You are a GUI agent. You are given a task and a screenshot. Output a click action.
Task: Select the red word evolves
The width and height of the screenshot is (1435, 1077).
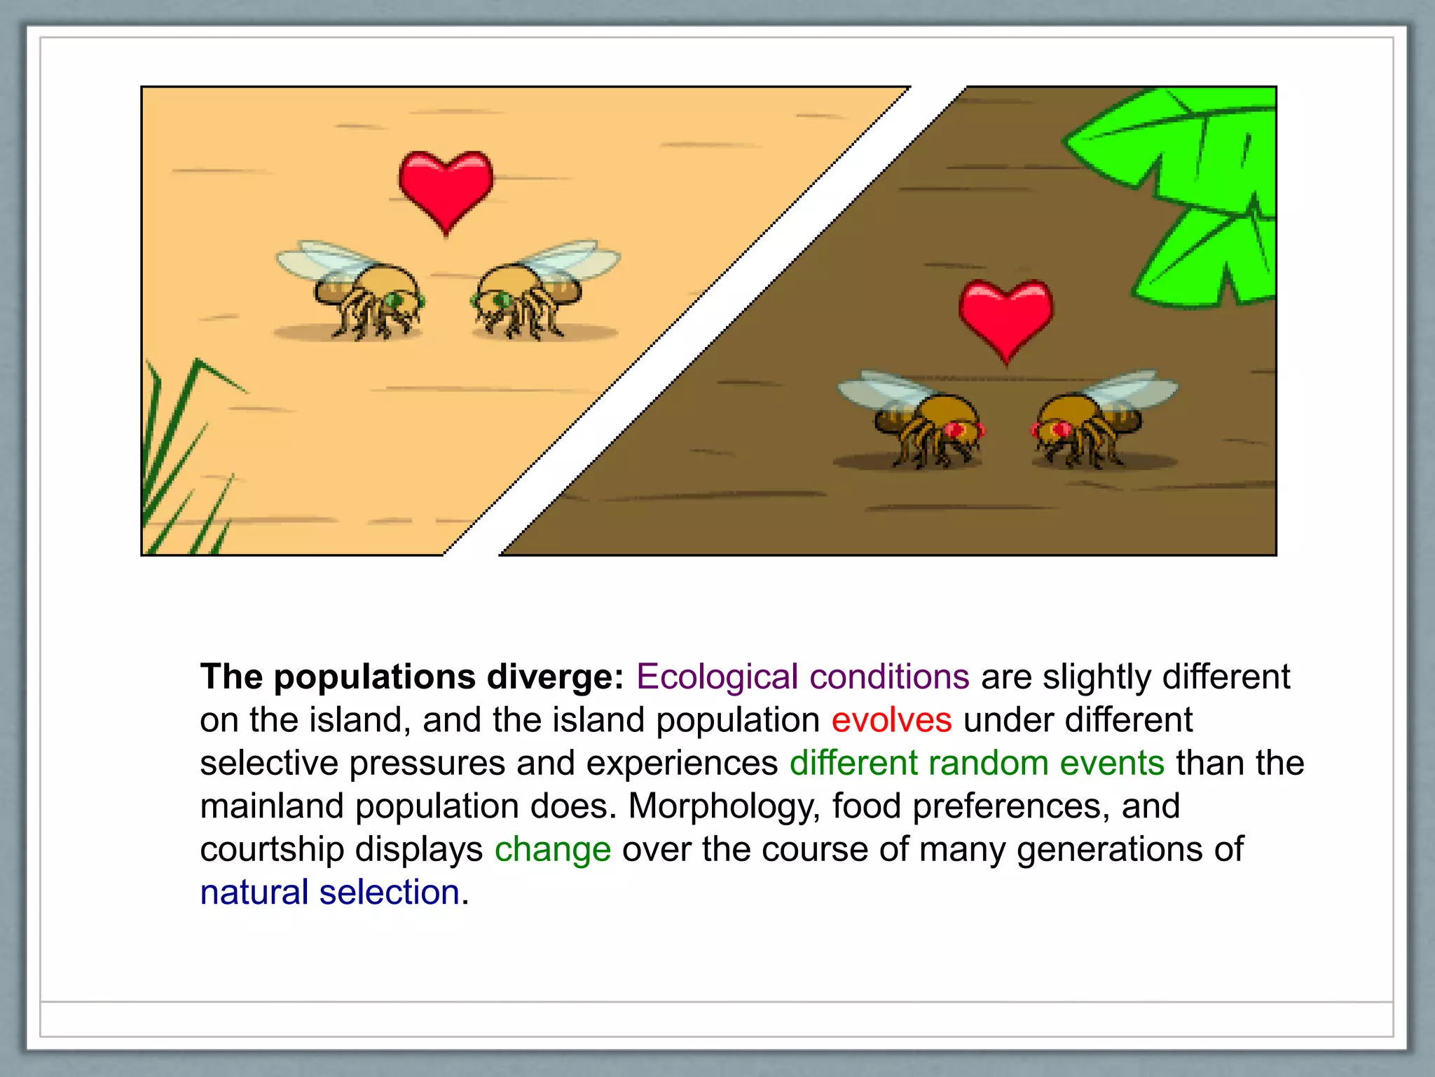click(x=891, y=720)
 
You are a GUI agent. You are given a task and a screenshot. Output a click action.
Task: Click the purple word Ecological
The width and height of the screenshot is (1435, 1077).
click(x=717, y=677)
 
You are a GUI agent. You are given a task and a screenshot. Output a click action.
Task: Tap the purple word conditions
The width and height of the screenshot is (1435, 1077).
click(x=889, y=677)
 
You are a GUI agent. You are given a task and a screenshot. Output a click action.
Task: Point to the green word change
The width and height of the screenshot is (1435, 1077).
click(x=553, y=850)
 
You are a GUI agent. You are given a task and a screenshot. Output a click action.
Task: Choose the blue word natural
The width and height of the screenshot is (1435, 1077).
click(x=254, y=893)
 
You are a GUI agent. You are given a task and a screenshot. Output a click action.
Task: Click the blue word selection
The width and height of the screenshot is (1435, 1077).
click(x=390, y=893)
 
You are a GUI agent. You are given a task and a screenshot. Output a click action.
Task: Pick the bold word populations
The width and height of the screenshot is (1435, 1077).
click(x=374, y=677)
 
